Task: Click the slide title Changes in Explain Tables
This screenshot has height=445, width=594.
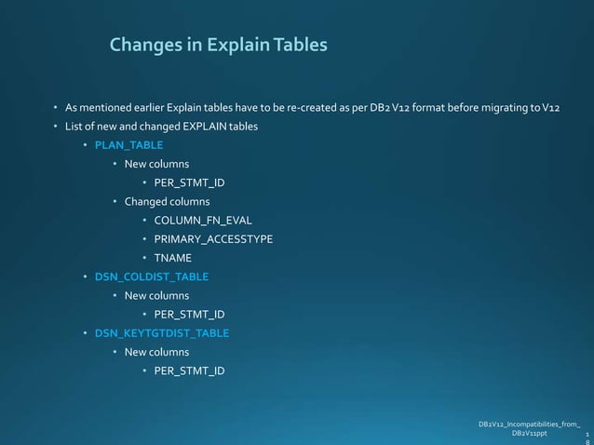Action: pos(218,45)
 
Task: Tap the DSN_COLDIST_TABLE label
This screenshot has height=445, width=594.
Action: pos(152,276)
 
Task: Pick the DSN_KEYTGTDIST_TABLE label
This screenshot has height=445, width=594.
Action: pos(162,333)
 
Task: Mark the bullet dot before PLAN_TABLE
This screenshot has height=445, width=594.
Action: pos(85,145)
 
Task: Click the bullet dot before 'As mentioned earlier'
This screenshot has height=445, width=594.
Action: pos(55,107)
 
